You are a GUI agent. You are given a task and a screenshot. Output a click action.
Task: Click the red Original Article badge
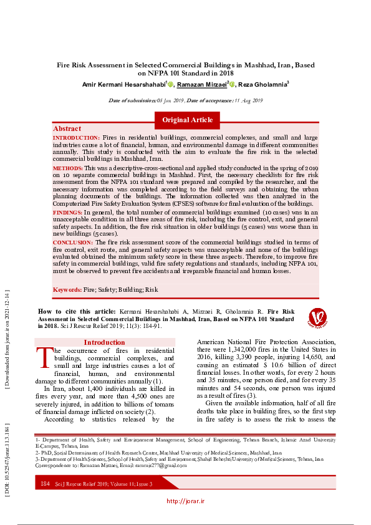[x=187, y=120]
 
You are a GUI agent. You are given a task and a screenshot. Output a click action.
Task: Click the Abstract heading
[x=67, y=128]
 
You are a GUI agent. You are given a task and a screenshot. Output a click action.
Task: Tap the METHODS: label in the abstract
[x=67, y=168]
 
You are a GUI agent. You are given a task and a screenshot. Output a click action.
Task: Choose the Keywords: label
[x=67, y=290]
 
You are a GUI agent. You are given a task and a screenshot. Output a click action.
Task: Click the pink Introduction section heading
[x=104, y=342]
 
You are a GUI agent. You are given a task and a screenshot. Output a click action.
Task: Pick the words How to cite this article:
[x=77, y=311]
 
